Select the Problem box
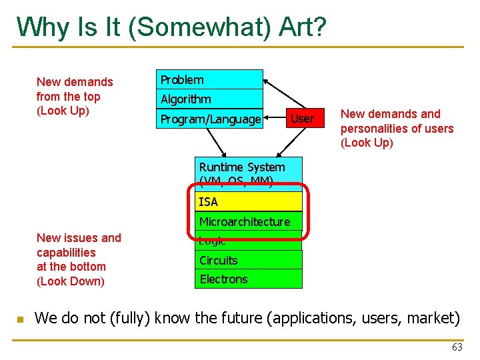pos(210,79)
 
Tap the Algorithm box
pos(210,99)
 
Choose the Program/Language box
pos(210,119)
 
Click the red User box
pos(303,119)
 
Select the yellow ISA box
pos(249,201)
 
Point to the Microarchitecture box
pos(248,221)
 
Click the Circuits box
pos(249,260)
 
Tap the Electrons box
pos(249,279)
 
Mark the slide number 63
pos(457,347)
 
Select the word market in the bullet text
pos(434,318)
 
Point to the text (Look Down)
pos(71,281)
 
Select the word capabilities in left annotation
pos(66,253)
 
